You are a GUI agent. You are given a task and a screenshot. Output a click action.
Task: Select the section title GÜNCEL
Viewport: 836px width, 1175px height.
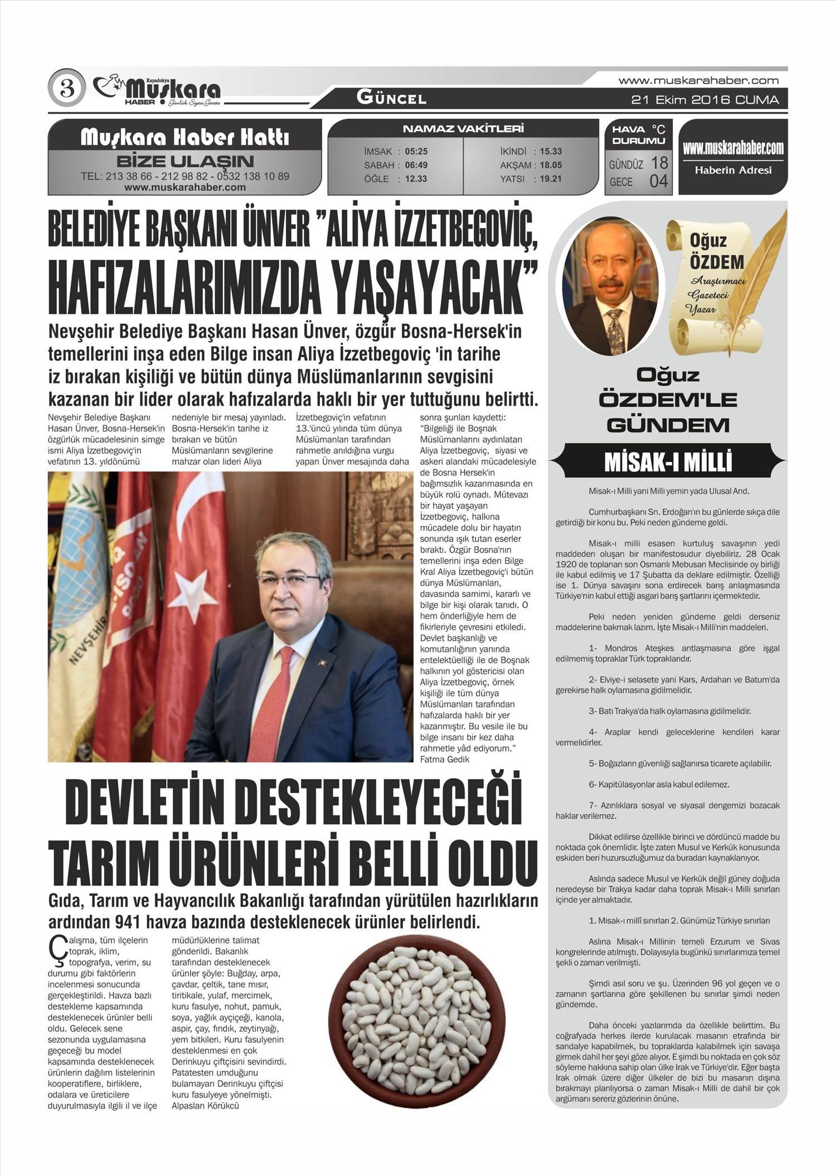(391, 99)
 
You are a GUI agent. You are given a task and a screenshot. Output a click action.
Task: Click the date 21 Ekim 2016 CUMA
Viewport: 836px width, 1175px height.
(705, 100)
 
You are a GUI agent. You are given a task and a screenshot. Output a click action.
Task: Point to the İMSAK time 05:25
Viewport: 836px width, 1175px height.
(416, 152)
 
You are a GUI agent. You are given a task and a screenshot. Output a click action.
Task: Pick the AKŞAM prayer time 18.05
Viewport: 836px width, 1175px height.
(551, 165)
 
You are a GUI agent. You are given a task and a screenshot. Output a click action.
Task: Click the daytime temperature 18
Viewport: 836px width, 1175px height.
(659, 163)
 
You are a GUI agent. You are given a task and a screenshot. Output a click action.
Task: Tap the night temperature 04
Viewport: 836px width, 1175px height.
(658, 181)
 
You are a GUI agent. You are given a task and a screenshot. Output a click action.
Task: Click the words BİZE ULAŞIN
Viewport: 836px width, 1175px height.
(185, 162)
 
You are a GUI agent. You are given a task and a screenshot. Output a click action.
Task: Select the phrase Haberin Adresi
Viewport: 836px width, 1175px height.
(733, 170)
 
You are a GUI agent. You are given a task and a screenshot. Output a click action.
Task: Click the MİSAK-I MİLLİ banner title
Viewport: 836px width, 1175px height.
(668, 462)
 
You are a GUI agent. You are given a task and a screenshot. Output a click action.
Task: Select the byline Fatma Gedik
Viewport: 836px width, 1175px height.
(444, 759)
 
